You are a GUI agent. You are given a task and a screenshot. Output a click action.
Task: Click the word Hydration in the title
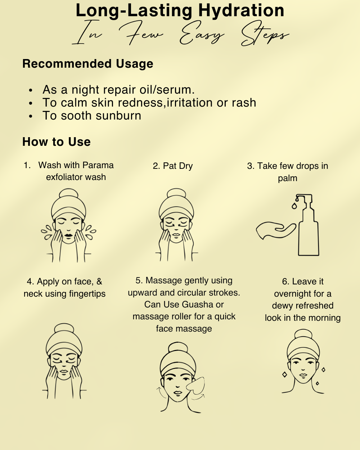coord(241,11)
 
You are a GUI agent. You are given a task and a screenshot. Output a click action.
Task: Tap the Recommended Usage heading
coord(88,64)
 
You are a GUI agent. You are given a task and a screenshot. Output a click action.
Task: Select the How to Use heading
coord(57,142)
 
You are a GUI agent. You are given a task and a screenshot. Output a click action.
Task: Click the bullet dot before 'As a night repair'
coord(31,90)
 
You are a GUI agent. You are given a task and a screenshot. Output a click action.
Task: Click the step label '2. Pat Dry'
coord(173,166)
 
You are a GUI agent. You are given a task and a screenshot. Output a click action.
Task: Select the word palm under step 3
coord(288,178)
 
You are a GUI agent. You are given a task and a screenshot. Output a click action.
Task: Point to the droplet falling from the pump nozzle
coord(294,206)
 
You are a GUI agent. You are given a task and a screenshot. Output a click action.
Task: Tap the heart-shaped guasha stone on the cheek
coord(195,384)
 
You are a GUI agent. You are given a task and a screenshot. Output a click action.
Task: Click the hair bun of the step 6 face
coord(303,334)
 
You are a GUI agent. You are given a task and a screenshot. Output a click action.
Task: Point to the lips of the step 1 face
coord(68,235)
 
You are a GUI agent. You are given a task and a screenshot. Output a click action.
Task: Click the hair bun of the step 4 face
coord(64,329)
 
